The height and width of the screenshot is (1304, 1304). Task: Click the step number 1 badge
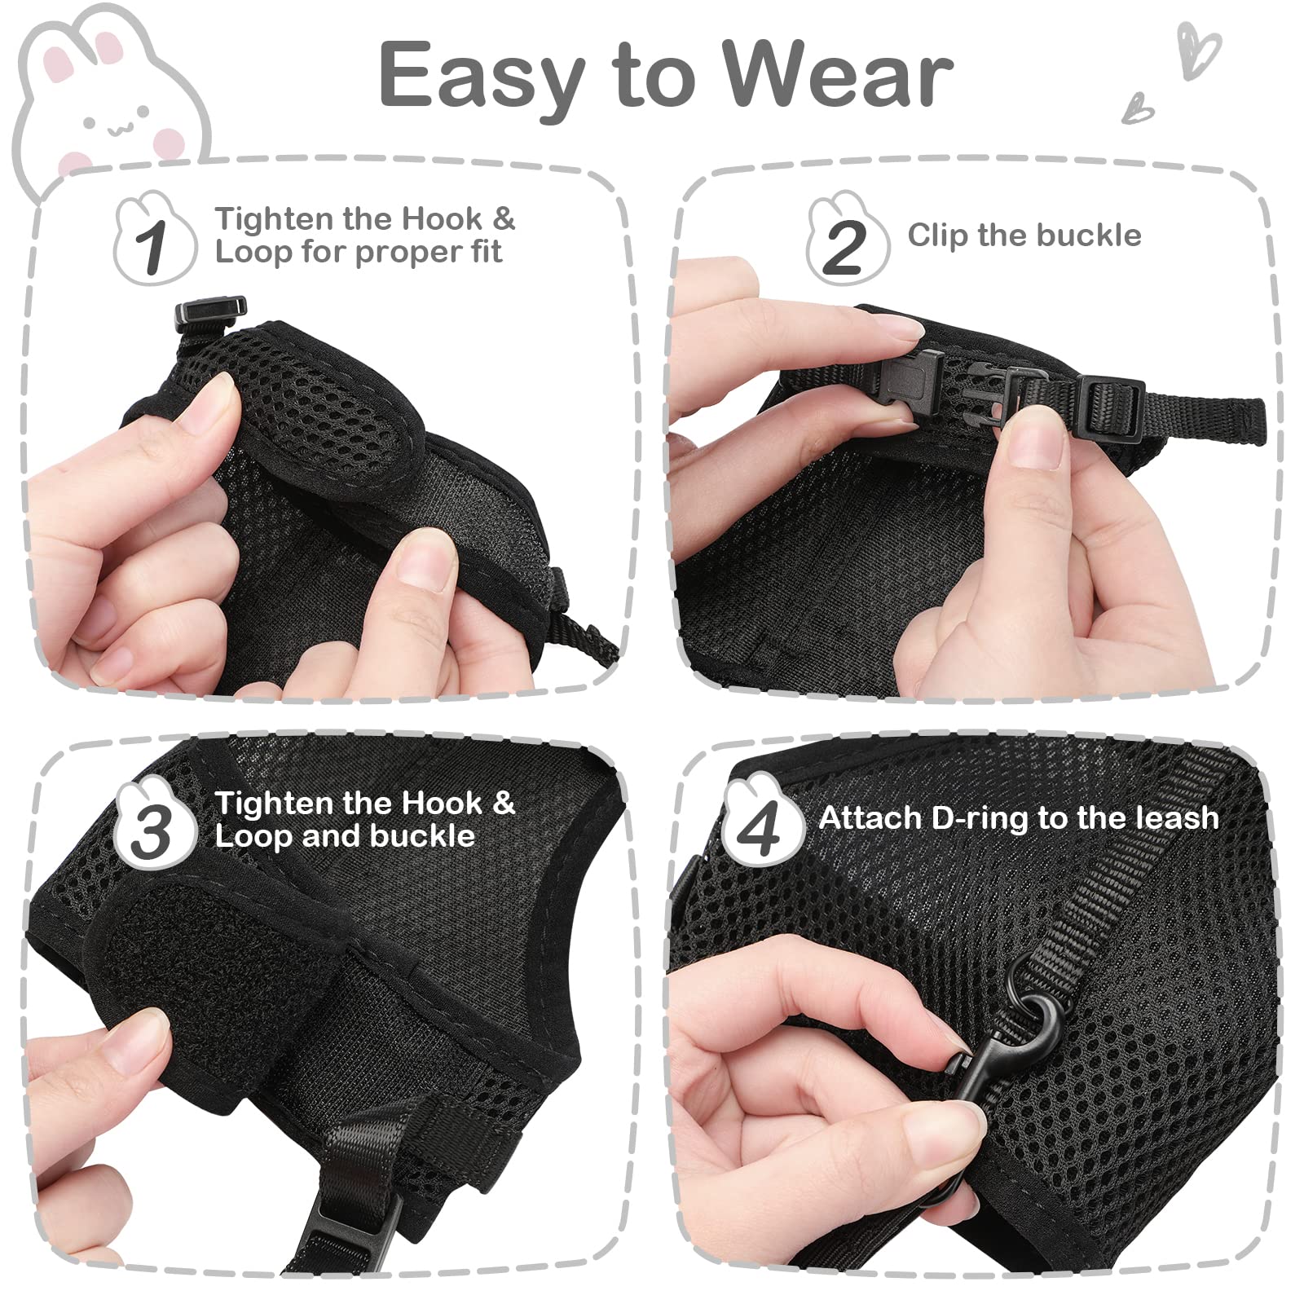153,243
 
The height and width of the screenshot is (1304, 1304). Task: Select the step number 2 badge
845,243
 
